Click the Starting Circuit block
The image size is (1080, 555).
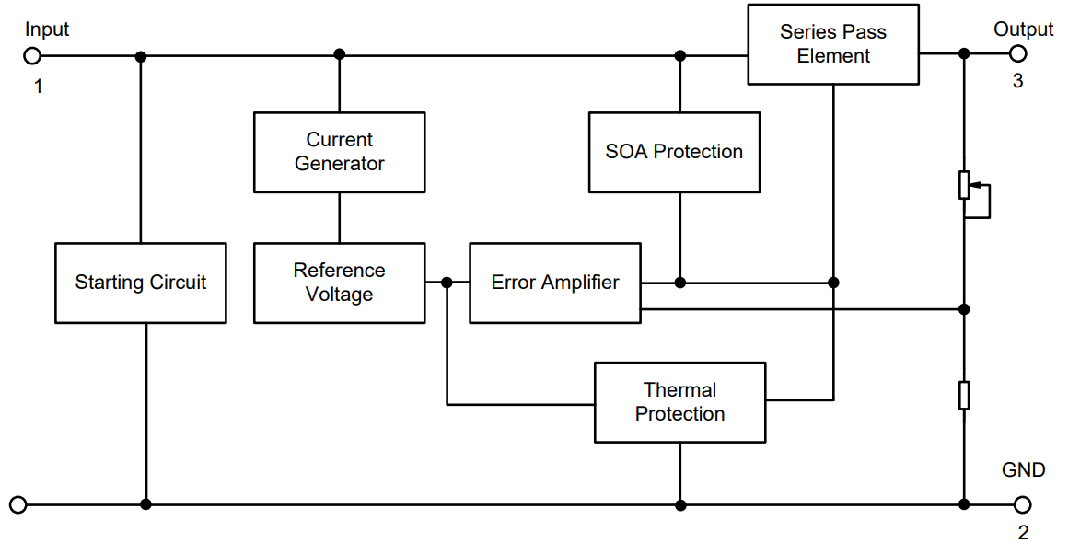click(140, 283)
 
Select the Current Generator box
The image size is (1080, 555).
click(339, 152)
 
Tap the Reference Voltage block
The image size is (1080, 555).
click(339, 283)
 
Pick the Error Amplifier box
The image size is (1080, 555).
click(554, 283)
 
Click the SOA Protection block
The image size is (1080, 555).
click(674, 152)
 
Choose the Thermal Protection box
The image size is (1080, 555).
click(679, 402)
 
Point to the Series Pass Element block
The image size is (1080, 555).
click(832, 44)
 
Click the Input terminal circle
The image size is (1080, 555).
click(32, 56)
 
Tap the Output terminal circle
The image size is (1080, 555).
click(1017, 53)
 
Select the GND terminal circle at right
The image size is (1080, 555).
click(1022, 504)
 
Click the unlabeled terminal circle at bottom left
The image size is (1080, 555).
click(17, 504)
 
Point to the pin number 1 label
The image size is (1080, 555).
click(38, 87)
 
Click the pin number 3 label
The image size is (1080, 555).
click(1017, 81)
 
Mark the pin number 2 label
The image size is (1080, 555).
click(1023, 532)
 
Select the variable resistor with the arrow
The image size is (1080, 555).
click(964, 185)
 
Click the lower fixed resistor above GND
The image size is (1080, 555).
click(964, 395)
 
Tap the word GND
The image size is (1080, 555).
click(1023, 470)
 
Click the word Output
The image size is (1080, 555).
click(1023, 29)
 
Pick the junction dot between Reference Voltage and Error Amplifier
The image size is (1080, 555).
click(447, 283)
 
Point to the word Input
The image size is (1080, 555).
click(47, 29)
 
